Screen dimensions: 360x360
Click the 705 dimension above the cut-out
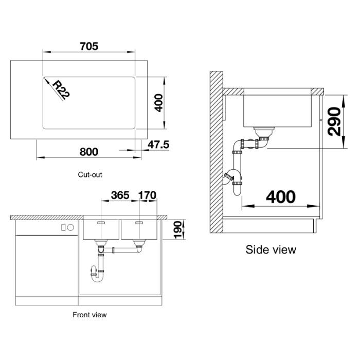[x=89, y=46]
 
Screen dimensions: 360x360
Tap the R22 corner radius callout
[x=61, y=90]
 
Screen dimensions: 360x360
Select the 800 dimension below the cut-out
[x=89, y=152]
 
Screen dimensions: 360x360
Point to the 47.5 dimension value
[x=158, y=145]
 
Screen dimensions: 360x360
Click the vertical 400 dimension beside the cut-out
[x=158, y=103]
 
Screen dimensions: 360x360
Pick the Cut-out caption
[x=90, y=175]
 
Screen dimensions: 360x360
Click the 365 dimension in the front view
[x=120, y=195]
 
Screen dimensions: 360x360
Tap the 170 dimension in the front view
[x=147, y=195]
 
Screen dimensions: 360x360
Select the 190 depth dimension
[x=178, y=230]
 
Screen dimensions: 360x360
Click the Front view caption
[x=89, y=315]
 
